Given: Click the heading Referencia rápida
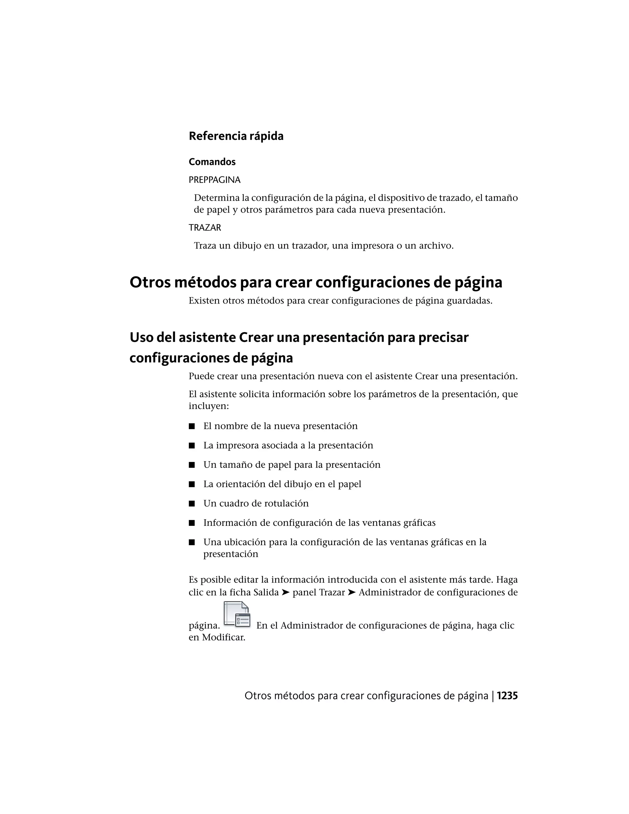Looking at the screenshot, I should click(x=236, y=136).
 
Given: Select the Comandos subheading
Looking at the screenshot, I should click(x=212, y=162).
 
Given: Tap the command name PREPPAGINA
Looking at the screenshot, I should click(x=215, y=180).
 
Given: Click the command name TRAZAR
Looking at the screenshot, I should click(x=205, y=228).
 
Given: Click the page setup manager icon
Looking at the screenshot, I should click(x=237, y=615).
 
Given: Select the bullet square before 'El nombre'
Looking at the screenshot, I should click(x=192, y=426).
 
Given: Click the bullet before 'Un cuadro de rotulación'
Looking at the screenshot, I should click(x=192, y=504).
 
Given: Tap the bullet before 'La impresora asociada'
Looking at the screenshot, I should click(x=192, y=446).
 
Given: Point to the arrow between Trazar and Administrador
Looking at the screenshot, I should click(x=351, y=592).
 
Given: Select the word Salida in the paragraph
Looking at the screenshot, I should click(x=266, y=592).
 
